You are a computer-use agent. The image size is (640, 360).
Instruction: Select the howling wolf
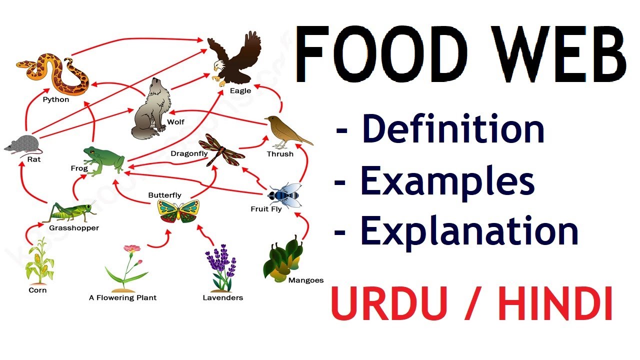pos(151,110)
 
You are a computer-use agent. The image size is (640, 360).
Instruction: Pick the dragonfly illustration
pos(221,150)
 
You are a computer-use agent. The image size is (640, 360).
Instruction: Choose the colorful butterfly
pos(178,211)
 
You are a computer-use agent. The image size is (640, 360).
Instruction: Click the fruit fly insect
pos(285,195)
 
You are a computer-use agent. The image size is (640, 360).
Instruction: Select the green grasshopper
pos(70,212)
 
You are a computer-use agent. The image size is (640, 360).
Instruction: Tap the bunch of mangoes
pos(283,258)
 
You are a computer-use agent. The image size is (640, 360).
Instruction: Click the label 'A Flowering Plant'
pos(122,297)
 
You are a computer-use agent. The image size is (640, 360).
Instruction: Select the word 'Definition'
pos(453,128)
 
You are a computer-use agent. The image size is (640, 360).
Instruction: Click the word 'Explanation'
pos(469,231)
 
